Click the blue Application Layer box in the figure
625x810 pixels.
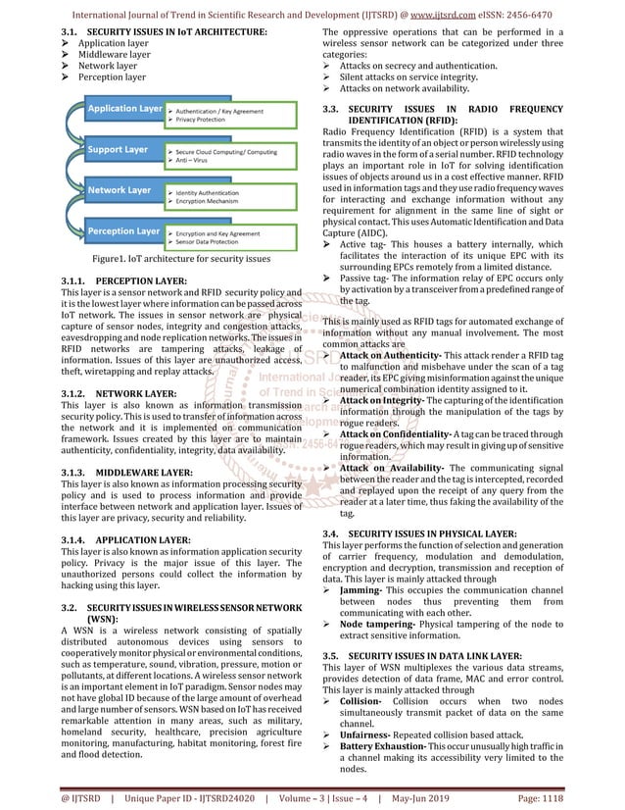[x=122, y=108]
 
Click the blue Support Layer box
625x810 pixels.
[x=118, y=150]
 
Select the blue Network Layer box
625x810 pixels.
[x=118, y=189]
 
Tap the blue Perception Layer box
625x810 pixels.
[x=121, y=231]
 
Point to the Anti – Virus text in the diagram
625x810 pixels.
[x=194, y=161]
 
